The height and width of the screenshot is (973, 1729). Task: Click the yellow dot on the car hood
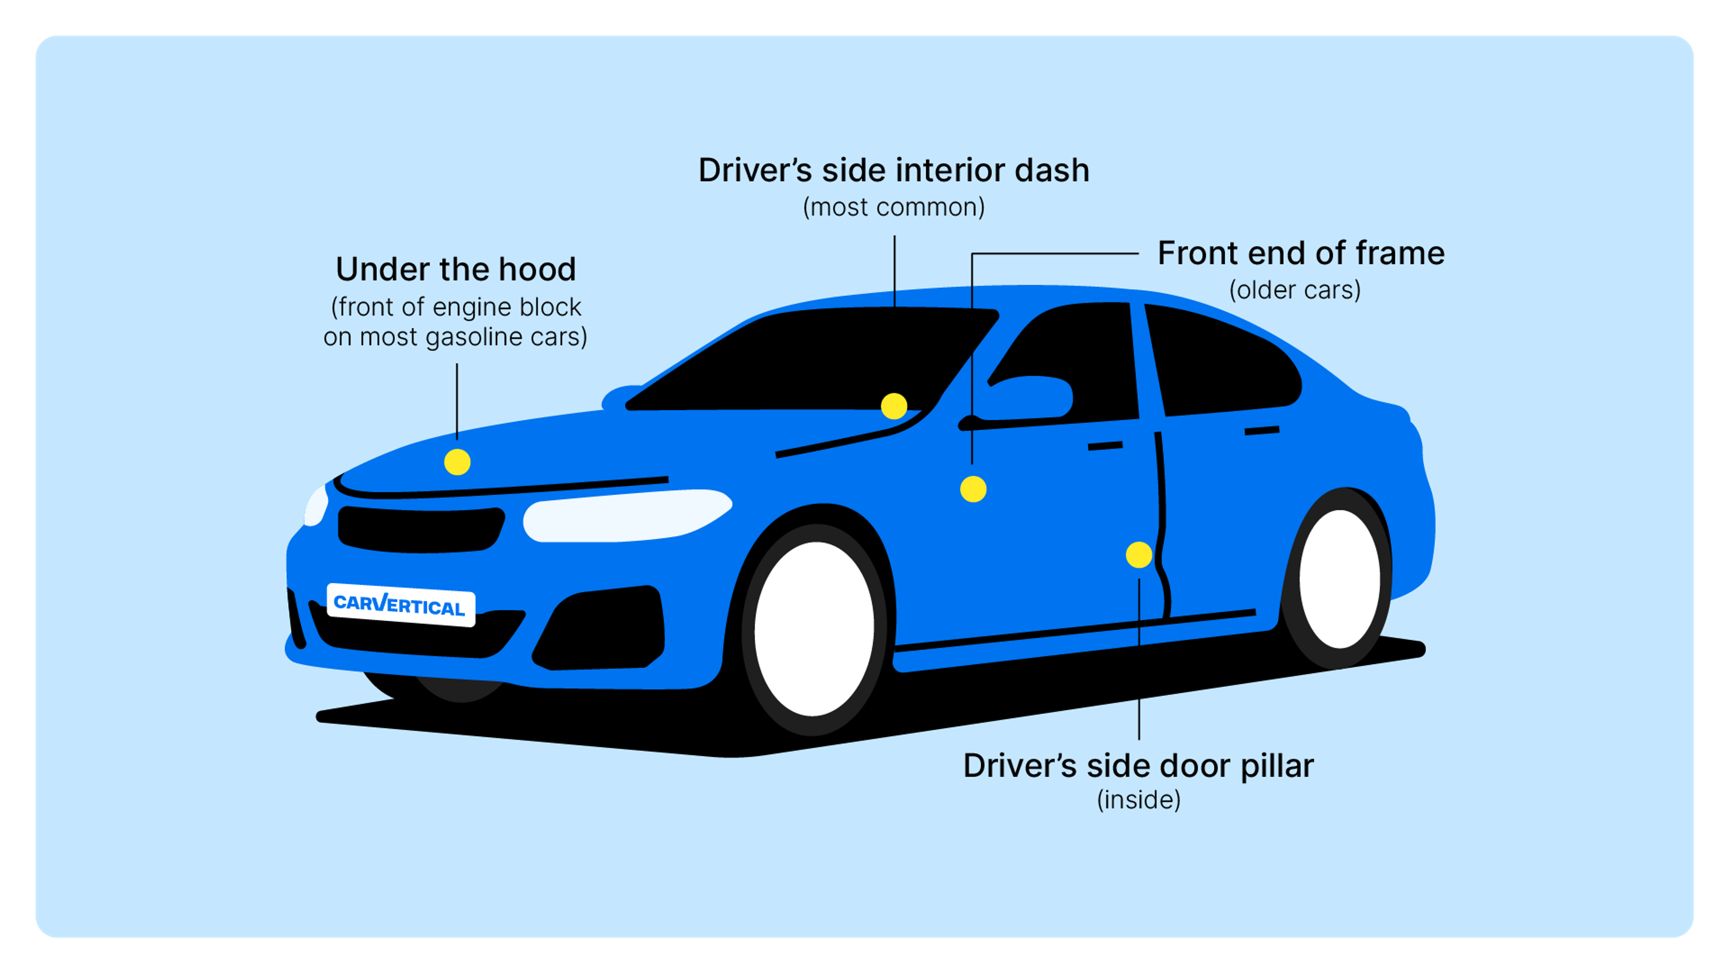457,462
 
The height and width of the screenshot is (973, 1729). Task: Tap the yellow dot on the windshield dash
893,406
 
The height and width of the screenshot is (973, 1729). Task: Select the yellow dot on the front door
973,489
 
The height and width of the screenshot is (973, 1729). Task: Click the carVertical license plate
401,605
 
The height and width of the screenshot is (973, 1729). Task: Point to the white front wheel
814,628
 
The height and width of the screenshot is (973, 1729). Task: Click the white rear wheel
1340,579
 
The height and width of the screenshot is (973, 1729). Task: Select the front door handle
1105,446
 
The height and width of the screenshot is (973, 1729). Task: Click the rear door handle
1262,431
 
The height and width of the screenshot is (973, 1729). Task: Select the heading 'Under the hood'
456,269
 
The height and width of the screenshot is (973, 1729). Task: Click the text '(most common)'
893,208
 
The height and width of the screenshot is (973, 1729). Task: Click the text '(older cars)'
1295,290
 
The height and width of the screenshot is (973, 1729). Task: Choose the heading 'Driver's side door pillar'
1138,766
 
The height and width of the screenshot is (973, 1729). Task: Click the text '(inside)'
1138,800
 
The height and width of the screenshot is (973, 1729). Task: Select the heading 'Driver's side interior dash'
893,171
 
